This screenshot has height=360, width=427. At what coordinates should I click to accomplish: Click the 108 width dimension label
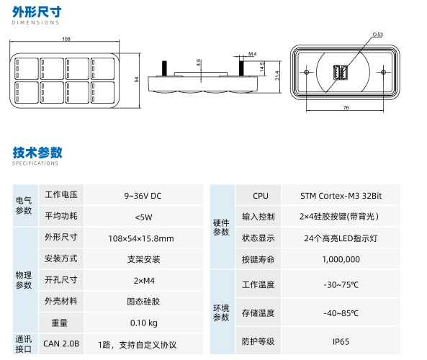click(66, 39)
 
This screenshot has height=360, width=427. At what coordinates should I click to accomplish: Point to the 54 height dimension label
click(136, 79)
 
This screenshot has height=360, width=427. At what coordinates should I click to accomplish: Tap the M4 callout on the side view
click(252, 54)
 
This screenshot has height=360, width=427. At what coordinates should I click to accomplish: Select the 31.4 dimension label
click(277, 76)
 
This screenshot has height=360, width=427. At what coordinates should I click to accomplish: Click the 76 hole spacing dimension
click(346, 107)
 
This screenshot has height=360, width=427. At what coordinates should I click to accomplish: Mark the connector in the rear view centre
click(341, 73)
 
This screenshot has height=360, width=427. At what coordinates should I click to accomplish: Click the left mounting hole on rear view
click(306, 72)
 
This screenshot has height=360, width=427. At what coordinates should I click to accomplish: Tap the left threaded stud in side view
click(164, 68)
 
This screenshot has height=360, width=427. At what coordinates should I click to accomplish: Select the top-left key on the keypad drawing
click(27, 68)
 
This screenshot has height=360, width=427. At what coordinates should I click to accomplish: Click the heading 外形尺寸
click(37, 12)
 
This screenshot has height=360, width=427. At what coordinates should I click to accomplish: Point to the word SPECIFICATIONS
click(35, 163)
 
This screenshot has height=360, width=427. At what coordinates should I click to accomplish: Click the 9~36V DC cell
click(143, 196)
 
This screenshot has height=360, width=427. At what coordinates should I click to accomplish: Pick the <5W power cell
click(143, 217)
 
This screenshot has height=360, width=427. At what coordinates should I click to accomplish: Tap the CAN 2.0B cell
click(61, 343)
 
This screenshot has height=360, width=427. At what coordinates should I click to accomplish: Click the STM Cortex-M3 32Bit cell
click(341, 196)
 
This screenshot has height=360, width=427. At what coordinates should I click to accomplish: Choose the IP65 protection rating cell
click(341, 341)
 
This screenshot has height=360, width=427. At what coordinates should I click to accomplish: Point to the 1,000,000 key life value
click(341, 259)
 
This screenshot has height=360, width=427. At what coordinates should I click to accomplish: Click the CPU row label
click(261, 196)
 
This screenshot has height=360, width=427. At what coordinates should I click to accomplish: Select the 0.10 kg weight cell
click(144, 323)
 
